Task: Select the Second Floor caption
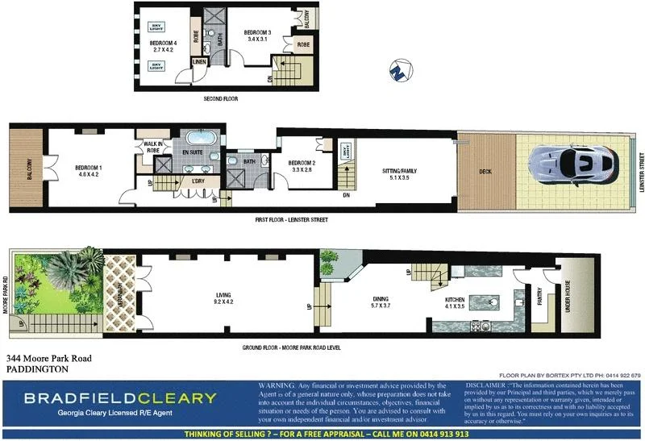click(220, 99)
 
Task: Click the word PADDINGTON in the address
click(37, 369)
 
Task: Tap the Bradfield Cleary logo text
click(120, 397)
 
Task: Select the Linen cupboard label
click(199, 62)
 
